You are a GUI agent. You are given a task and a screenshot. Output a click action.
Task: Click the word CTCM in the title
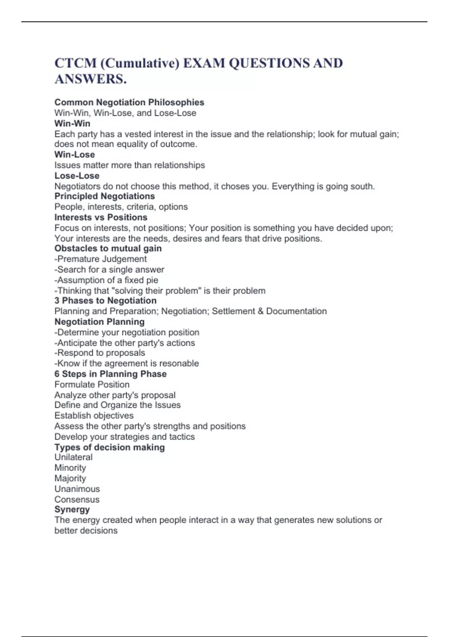click(x=76, y=63)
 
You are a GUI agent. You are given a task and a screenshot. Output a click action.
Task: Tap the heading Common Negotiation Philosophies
click(x=129, y=102)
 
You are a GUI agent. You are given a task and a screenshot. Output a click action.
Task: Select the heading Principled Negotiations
click(x=104, y=196)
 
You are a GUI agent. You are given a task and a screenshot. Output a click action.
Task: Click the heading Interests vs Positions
click(x=101, y=217)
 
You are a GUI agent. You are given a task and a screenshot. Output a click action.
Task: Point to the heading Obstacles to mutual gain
click(x=108, y=248)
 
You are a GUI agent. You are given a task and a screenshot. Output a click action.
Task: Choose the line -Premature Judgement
click(x=100, y=259)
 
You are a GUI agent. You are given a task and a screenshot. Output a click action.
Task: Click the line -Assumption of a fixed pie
click(x=106, y=280)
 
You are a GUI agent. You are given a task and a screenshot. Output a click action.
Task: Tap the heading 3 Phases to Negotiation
click(x=105, y=301)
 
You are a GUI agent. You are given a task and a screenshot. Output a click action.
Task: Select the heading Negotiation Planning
click(x=99, y=321)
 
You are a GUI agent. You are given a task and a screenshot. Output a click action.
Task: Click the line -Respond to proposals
click(x=100, y=353)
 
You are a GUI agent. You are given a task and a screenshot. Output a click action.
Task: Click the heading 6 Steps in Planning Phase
click(x=110, y=374)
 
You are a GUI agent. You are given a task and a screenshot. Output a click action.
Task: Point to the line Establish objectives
click(x=94, y=415)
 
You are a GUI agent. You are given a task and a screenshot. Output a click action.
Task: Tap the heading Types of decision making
click(x=109, y=447)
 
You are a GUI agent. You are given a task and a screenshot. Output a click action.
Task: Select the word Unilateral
click(x=73, y=457)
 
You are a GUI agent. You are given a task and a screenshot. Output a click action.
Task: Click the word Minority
click(x=70, y=468)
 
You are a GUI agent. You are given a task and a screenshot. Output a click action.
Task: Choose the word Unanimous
click(x=77, y=489)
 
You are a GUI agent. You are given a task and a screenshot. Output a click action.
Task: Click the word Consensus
click(x=77, y=499)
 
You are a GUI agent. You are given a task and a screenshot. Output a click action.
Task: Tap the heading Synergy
click(x=72, y=509)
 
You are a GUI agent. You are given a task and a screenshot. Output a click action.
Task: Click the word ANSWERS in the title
click(x=91, y=79)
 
